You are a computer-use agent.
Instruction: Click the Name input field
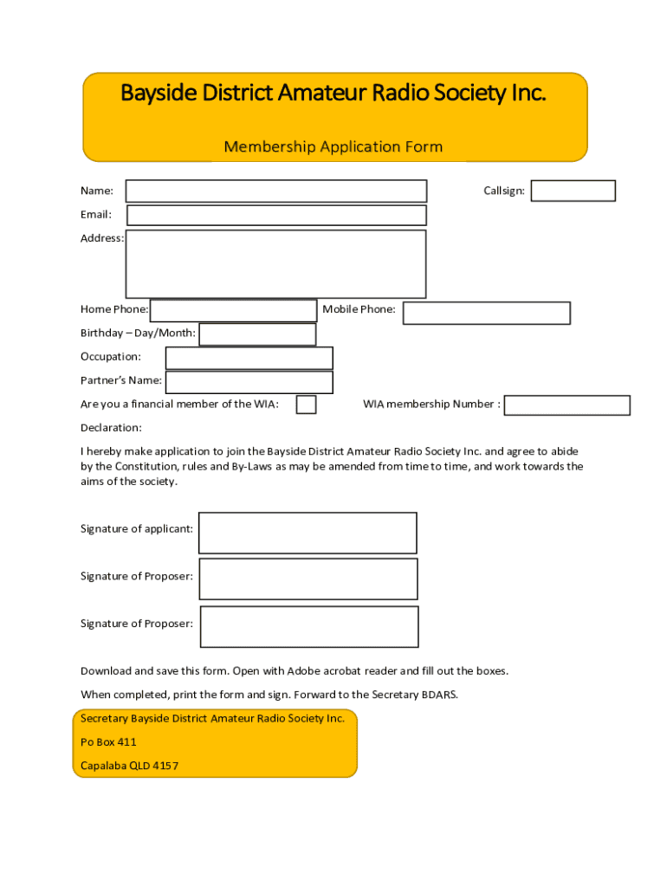coord(276,191)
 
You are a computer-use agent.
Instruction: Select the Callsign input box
coord(573,191)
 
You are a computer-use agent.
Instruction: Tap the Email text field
coord(276,215)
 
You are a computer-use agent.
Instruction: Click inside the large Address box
coord(275,263)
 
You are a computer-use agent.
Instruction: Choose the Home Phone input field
coord(233,310)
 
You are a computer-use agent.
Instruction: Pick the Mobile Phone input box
coord(486,313)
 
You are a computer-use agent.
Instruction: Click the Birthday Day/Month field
coord(257,334)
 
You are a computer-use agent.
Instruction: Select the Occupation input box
coord(249,358)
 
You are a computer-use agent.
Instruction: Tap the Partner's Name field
coord(249,382)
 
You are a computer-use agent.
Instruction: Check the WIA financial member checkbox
coord(306,405)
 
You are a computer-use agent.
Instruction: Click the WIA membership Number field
coord(567,405)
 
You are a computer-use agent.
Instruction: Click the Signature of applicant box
coord(308,533)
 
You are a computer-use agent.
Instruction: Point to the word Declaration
coord(111,428)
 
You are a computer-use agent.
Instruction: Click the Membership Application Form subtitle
coord(333,147)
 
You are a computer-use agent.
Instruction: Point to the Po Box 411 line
coord(108,742)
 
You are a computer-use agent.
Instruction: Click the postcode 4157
coord(165,767)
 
